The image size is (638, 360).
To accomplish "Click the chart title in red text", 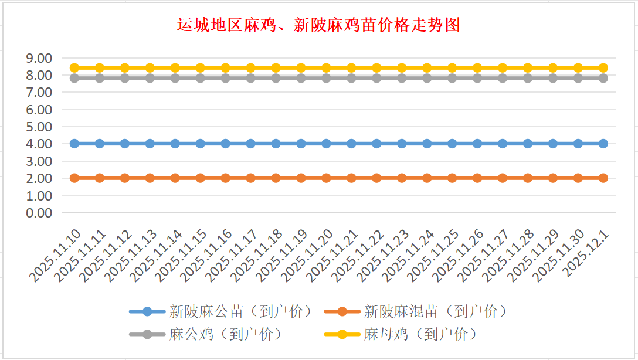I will (318, 25).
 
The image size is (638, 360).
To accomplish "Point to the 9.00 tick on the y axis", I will (39, 58).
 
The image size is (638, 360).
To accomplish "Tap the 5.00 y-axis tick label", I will (39, 127).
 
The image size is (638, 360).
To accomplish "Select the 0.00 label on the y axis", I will (39, 213).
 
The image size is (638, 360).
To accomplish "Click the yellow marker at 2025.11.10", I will (74, 68).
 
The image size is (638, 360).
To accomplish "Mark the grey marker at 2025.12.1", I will (603, 78).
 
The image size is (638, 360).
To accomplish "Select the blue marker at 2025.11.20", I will (326, 144).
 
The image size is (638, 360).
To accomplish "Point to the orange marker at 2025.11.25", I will (452, 178).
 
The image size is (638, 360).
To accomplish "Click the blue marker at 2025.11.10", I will (74, 144).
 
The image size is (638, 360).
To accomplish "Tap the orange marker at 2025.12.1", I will (603, 178).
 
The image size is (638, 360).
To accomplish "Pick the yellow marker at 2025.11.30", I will (578, 68).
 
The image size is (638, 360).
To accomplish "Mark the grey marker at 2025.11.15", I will (201, 78).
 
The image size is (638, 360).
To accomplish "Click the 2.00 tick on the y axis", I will (39, 178).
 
